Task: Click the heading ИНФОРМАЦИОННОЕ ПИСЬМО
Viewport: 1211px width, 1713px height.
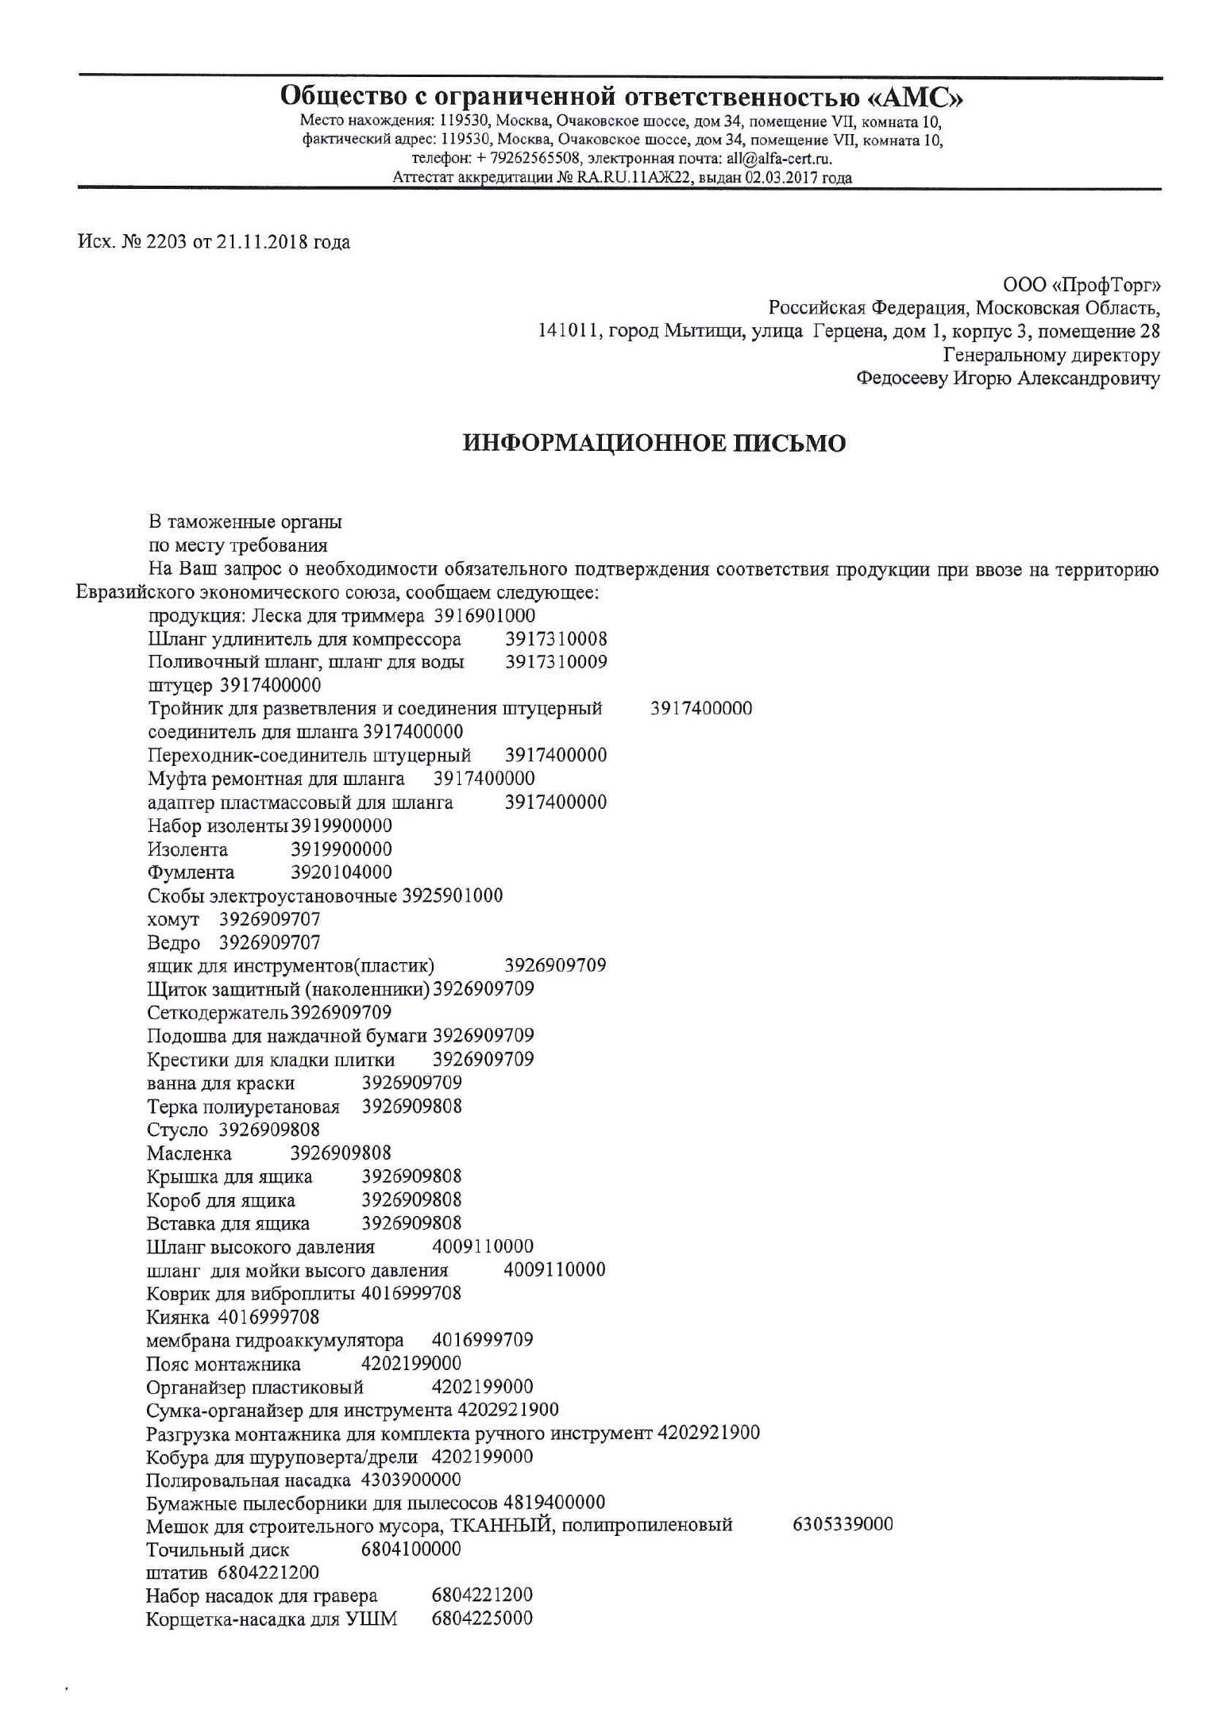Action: pos(654,443)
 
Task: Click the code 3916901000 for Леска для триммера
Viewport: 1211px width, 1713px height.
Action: pos(485,616)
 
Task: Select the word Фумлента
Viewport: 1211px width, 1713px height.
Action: pos(191,873)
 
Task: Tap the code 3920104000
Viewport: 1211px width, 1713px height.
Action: pos(341,872)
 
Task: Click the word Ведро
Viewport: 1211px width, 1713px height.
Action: pos(174,943)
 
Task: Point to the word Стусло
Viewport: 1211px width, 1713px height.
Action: pos(177,1130)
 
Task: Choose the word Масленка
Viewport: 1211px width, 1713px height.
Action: pos(189,1153)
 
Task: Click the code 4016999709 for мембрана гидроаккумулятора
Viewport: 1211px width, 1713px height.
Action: pos(482,1341)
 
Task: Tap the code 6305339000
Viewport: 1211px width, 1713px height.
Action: pos(843,1524)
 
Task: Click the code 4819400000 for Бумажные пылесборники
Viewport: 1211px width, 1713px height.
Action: pos(554,1502)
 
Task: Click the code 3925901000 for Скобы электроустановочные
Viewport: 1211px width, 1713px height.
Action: pos(453,896)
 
